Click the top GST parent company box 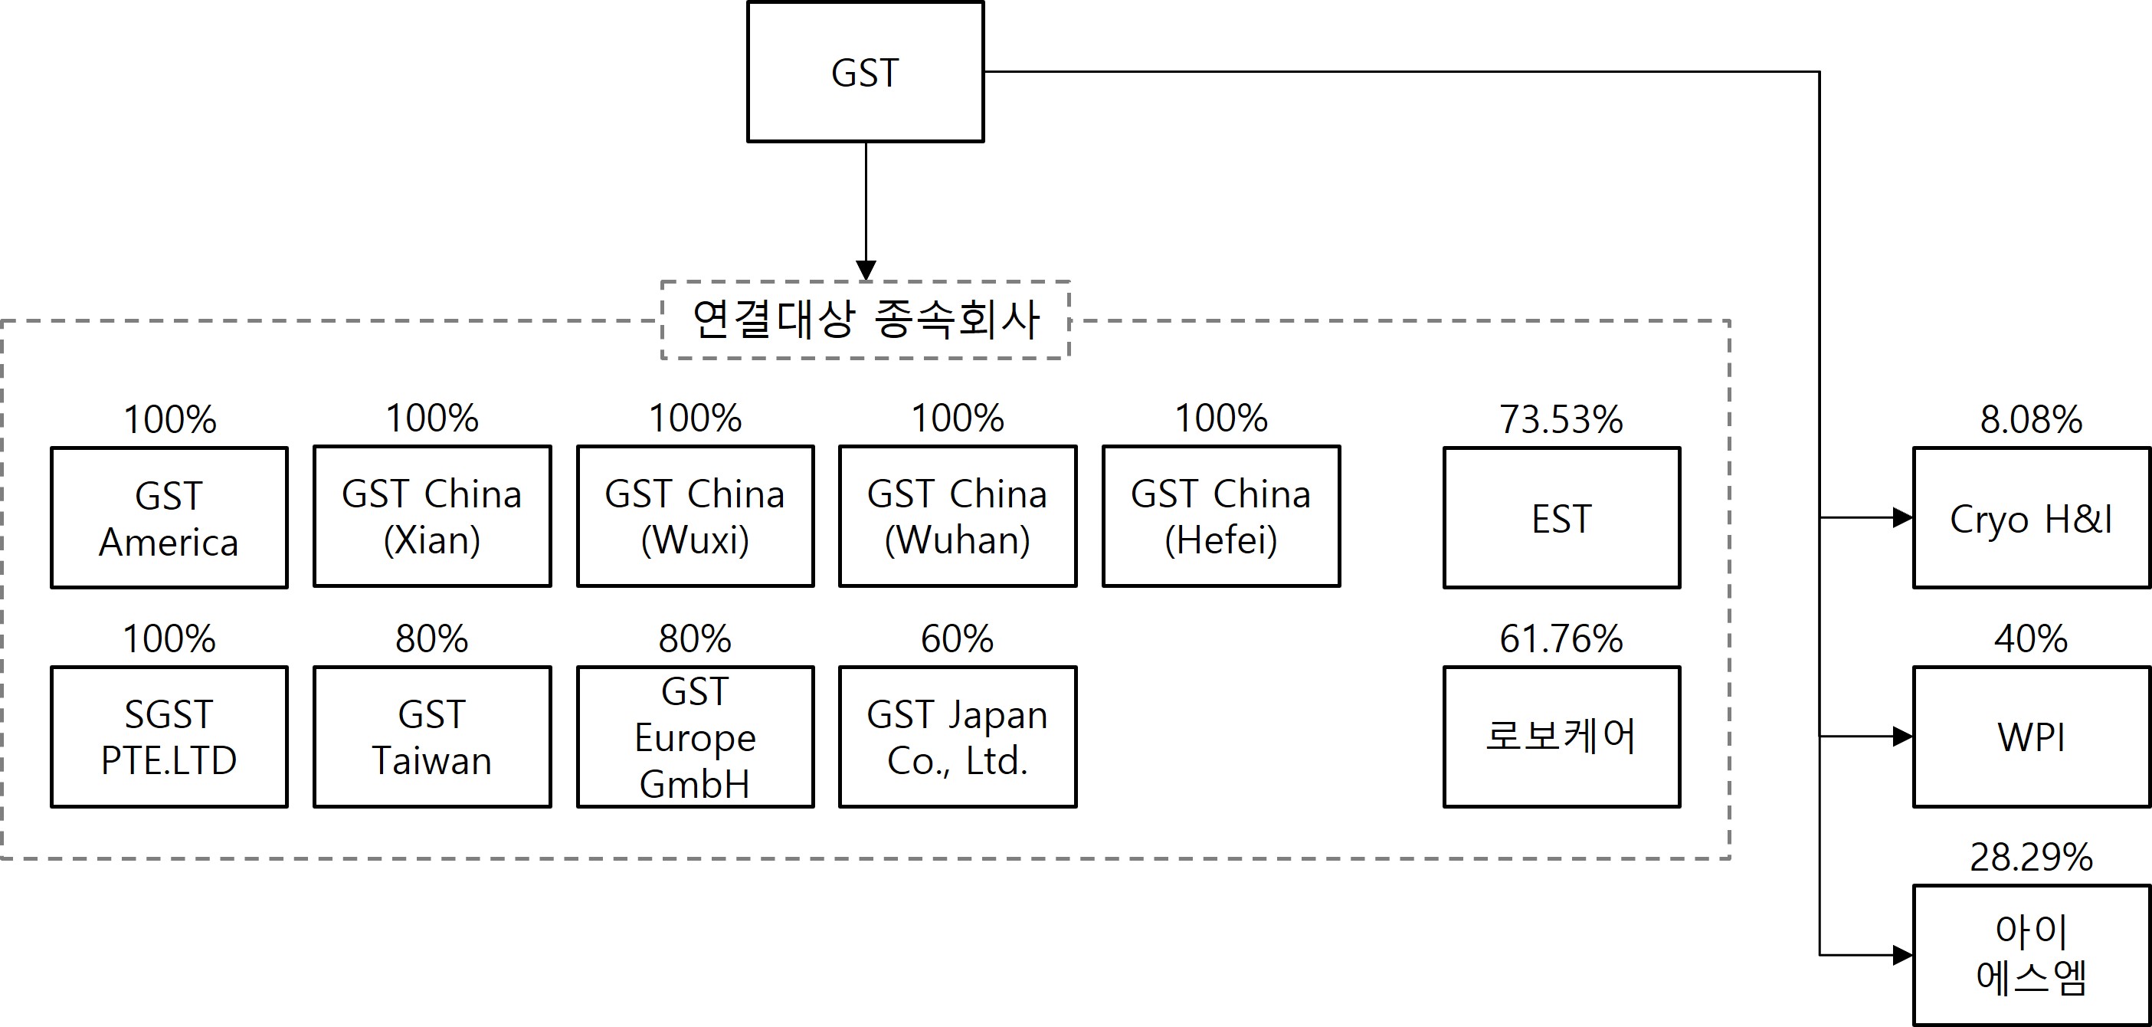point(865,72)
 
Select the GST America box point(169,518)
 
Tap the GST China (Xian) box point(432,517)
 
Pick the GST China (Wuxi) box point(695,517)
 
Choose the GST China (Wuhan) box point(958,517)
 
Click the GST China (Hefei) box point(1220,517)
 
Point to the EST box point(1561,518)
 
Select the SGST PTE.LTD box point(169,737)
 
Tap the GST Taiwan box point(432,737)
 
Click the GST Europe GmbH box point(695,737)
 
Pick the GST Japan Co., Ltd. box point(958,737)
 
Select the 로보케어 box point(1561,737)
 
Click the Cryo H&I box point(2031,518)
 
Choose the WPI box point(2031,737)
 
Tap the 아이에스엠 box point(2031,955)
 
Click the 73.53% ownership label point(1561,419)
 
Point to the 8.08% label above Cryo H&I point(2031,419)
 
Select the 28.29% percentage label point(2031,858)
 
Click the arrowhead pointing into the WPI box point(1902,737)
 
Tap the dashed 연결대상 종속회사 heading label point(866,320)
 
